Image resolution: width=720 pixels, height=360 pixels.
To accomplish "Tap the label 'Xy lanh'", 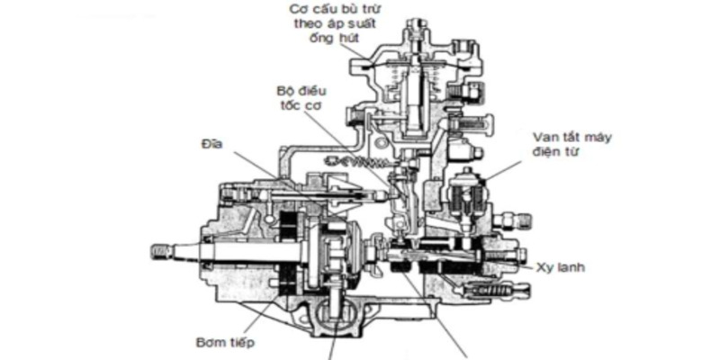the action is (560, 267).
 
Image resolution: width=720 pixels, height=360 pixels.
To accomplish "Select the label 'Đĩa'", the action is (211, 144).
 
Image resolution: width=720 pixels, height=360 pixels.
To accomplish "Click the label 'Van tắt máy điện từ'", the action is (571, 144).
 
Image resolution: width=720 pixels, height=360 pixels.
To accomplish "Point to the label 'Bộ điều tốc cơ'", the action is (301, 98).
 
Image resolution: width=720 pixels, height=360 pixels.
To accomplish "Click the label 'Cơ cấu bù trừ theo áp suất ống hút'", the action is (335, 23).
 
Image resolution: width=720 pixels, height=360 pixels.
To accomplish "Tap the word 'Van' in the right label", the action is (545, 138).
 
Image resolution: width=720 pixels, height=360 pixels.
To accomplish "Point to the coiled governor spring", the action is (355, 161).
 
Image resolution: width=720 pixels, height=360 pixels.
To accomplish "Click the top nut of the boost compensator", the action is (417, 23).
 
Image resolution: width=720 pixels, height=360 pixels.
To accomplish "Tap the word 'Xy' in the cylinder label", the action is (543, 267).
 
